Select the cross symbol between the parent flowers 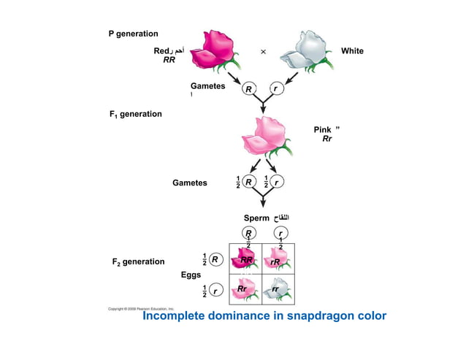(263, 52)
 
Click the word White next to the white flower (352, 51)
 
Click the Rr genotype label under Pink (326, 139)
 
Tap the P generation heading (133, 34)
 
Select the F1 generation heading (135, 114)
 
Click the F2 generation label (138, 261)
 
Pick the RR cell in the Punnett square (245, 260)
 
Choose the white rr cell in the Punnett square (278, 290)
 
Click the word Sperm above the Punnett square (256, 218)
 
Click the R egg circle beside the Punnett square (215, 259)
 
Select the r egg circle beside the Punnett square (215, 291)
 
